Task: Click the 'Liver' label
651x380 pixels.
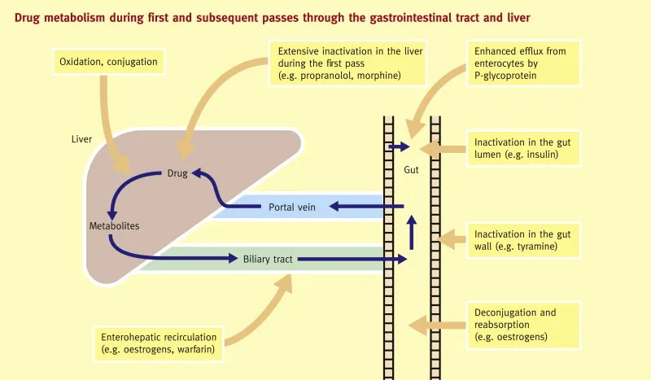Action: tap(81, 139)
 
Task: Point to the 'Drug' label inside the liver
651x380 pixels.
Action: tap(177, 173)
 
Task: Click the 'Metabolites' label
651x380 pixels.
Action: tap(114, 225)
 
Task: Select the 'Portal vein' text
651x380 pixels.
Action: tap(291, 207)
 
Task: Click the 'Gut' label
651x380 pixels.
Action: tap(411, 172)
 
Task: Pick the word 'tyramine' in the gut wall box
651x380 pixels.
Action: tap(535, 246)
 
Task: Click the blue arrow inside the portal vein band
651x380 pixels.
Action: tap(366, 207)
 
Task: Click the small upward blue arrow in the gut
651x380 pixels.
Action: tap(412, 232)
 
